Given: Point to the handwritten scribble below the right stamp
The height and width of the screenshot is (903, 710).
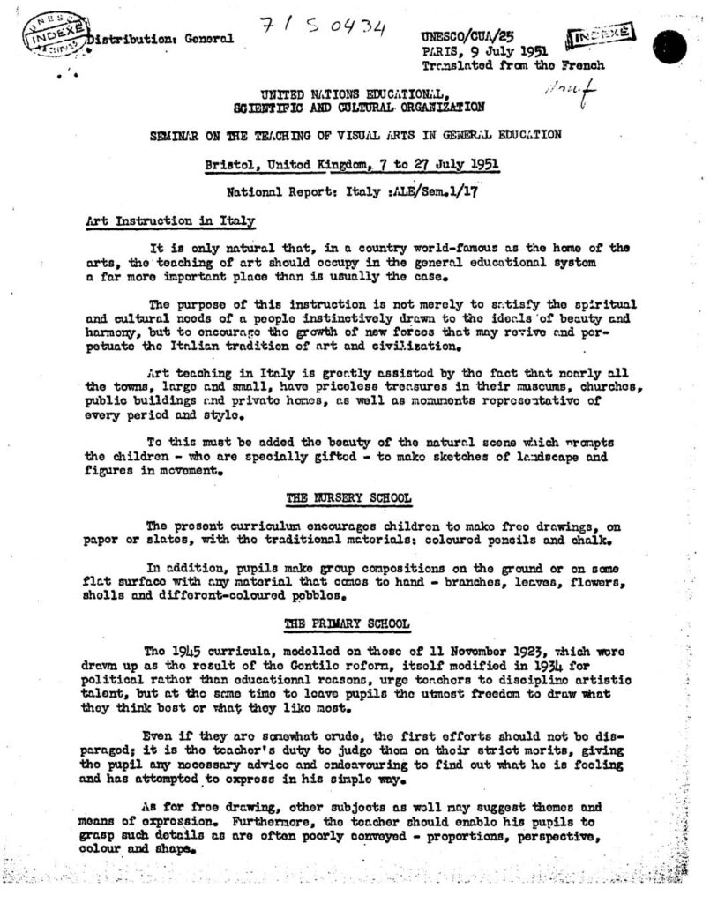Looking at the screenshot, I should click(570, 90).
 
